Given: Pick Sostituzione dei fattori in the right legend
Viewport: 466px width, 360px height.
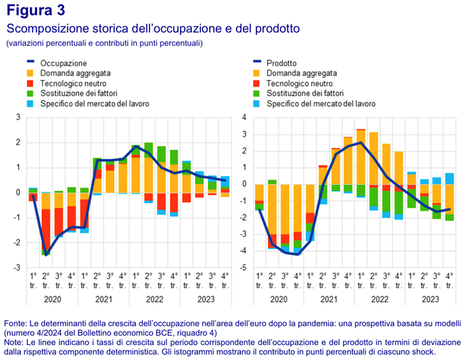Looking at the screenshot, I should tap(305, 93).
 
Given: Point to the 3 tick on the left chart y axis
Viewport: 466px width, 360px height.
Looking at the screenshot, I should tap(18, 118).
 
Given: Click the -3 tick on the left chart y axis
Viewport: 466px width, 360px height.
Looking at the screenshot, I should tap(17, 268).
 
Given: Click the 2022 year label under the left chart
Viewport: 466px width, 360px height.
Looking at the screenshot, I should tap(155, 298).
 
